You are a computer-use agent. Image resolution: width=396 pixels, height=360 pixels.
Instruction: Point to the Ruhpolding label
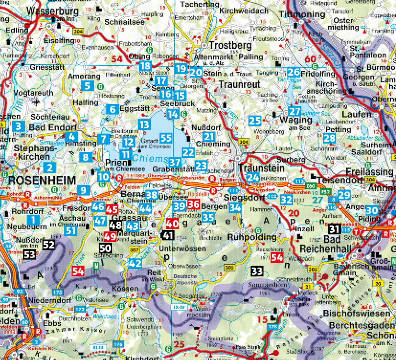252,237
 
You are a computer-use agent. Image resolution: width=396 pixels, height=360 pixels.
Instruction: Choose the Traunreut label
239,84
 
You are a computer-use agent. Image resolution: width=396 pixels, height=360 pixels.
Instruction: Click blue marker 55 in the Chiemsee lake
166,138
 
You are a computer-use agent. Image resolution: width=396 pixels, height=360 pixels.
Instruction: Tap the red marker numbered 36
193,205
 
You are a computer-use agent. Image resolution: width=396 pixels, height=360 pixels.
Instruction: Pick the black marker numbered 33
257,271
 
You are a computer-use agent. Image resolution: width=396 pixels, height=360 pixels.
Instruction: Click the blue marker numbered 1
33,219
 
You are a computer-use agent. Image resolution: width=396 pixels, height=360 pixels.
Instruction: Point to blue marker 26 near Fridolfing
294,73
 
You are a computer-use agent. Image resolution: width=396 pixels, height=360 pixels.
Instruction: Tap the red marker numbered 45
112,209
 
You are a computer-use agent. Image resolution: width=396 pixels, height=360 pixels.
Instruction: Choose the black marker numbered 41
168,235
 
